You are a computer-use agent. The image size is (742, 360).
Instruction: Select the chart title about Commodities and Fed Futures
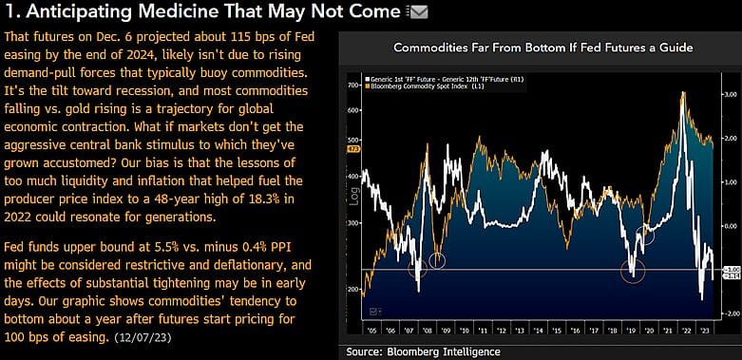tap(542, 47)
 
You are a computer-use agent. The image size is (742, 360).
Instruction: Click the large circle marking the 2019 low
tap(633, 273)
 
